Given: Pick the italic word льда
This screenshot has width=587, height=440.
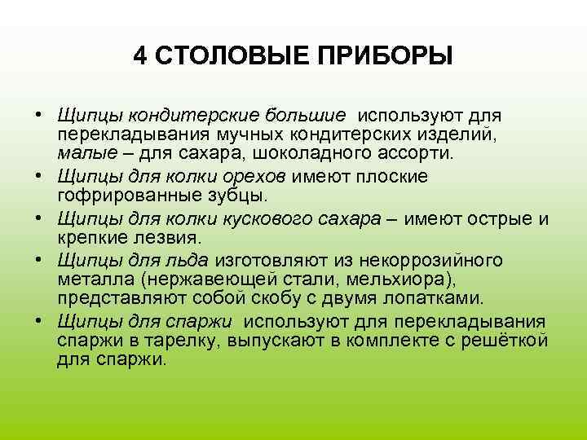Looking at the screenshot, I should [189, 259].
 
